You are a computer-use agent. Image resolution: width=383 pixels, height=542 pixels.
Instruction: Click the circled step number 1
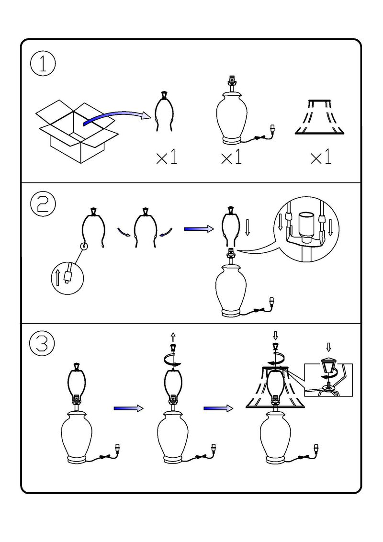[43, 65]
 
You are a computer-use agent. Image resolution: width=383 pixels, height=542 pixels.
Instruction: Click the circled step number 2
[43, 204]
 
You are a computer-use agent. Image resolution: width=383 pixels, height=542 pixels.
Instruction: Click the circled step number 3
[43, 343]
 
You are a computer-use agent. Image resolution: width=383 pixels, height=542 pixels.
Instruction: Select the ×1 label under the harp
[167, 158]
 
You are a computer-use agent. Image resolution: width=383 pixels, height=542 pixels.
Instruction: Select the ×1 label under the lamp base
[232, 158]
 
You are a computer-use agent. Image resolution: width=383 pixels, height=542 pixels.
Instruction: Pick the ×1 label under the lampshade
[321, 158]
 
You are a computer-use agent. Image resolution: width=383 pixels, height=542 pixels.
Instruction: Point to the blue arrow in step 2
[199, 229]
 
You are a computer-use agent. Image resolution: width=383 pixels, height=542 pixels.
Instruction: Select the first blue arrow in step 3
[128, 408]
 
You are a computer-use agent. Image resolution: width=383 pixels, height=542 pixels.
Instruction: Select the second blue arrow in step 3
[218, 408]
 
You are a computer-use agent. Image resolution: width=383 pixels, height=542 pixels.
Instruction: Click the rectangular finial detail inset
[328, 380]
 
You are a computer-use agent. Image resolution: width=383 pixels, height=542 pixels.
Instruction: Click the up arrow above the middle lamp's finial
[173, 337]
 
